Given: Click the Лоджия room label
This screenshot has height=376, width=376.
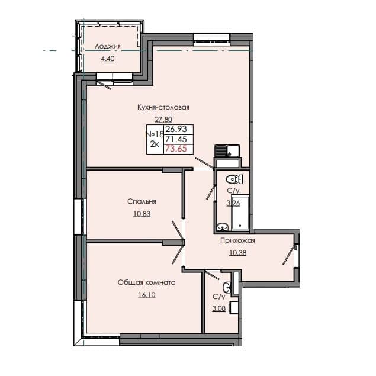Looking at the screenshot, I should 108,47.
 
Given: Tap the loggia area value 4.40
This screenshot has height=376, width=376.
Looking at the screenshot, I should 108,59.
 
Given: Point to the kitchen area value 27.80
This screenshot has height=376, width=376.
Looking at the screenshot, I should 162,118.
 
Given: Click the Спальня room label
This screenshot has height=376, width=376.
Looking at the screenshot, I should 141,201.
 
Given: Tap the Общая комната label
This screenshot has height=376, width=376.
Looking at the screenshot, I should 147,283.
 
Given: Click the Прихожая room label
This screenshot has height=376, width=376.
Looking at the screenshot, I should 237,240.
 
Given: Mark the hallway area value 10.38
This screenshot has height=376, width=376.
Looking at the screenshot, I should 237,252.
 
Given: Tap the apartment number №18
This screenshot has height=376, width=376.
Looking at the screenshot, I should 155,134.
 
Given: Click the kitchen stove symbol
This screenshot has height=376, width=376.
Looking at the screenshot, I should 221,150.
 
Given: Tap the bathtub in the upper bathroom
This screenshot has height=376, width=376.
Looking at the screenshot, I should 241,212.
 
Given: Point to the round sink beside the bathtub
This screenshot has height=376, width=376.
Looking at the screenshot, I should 222,226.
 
